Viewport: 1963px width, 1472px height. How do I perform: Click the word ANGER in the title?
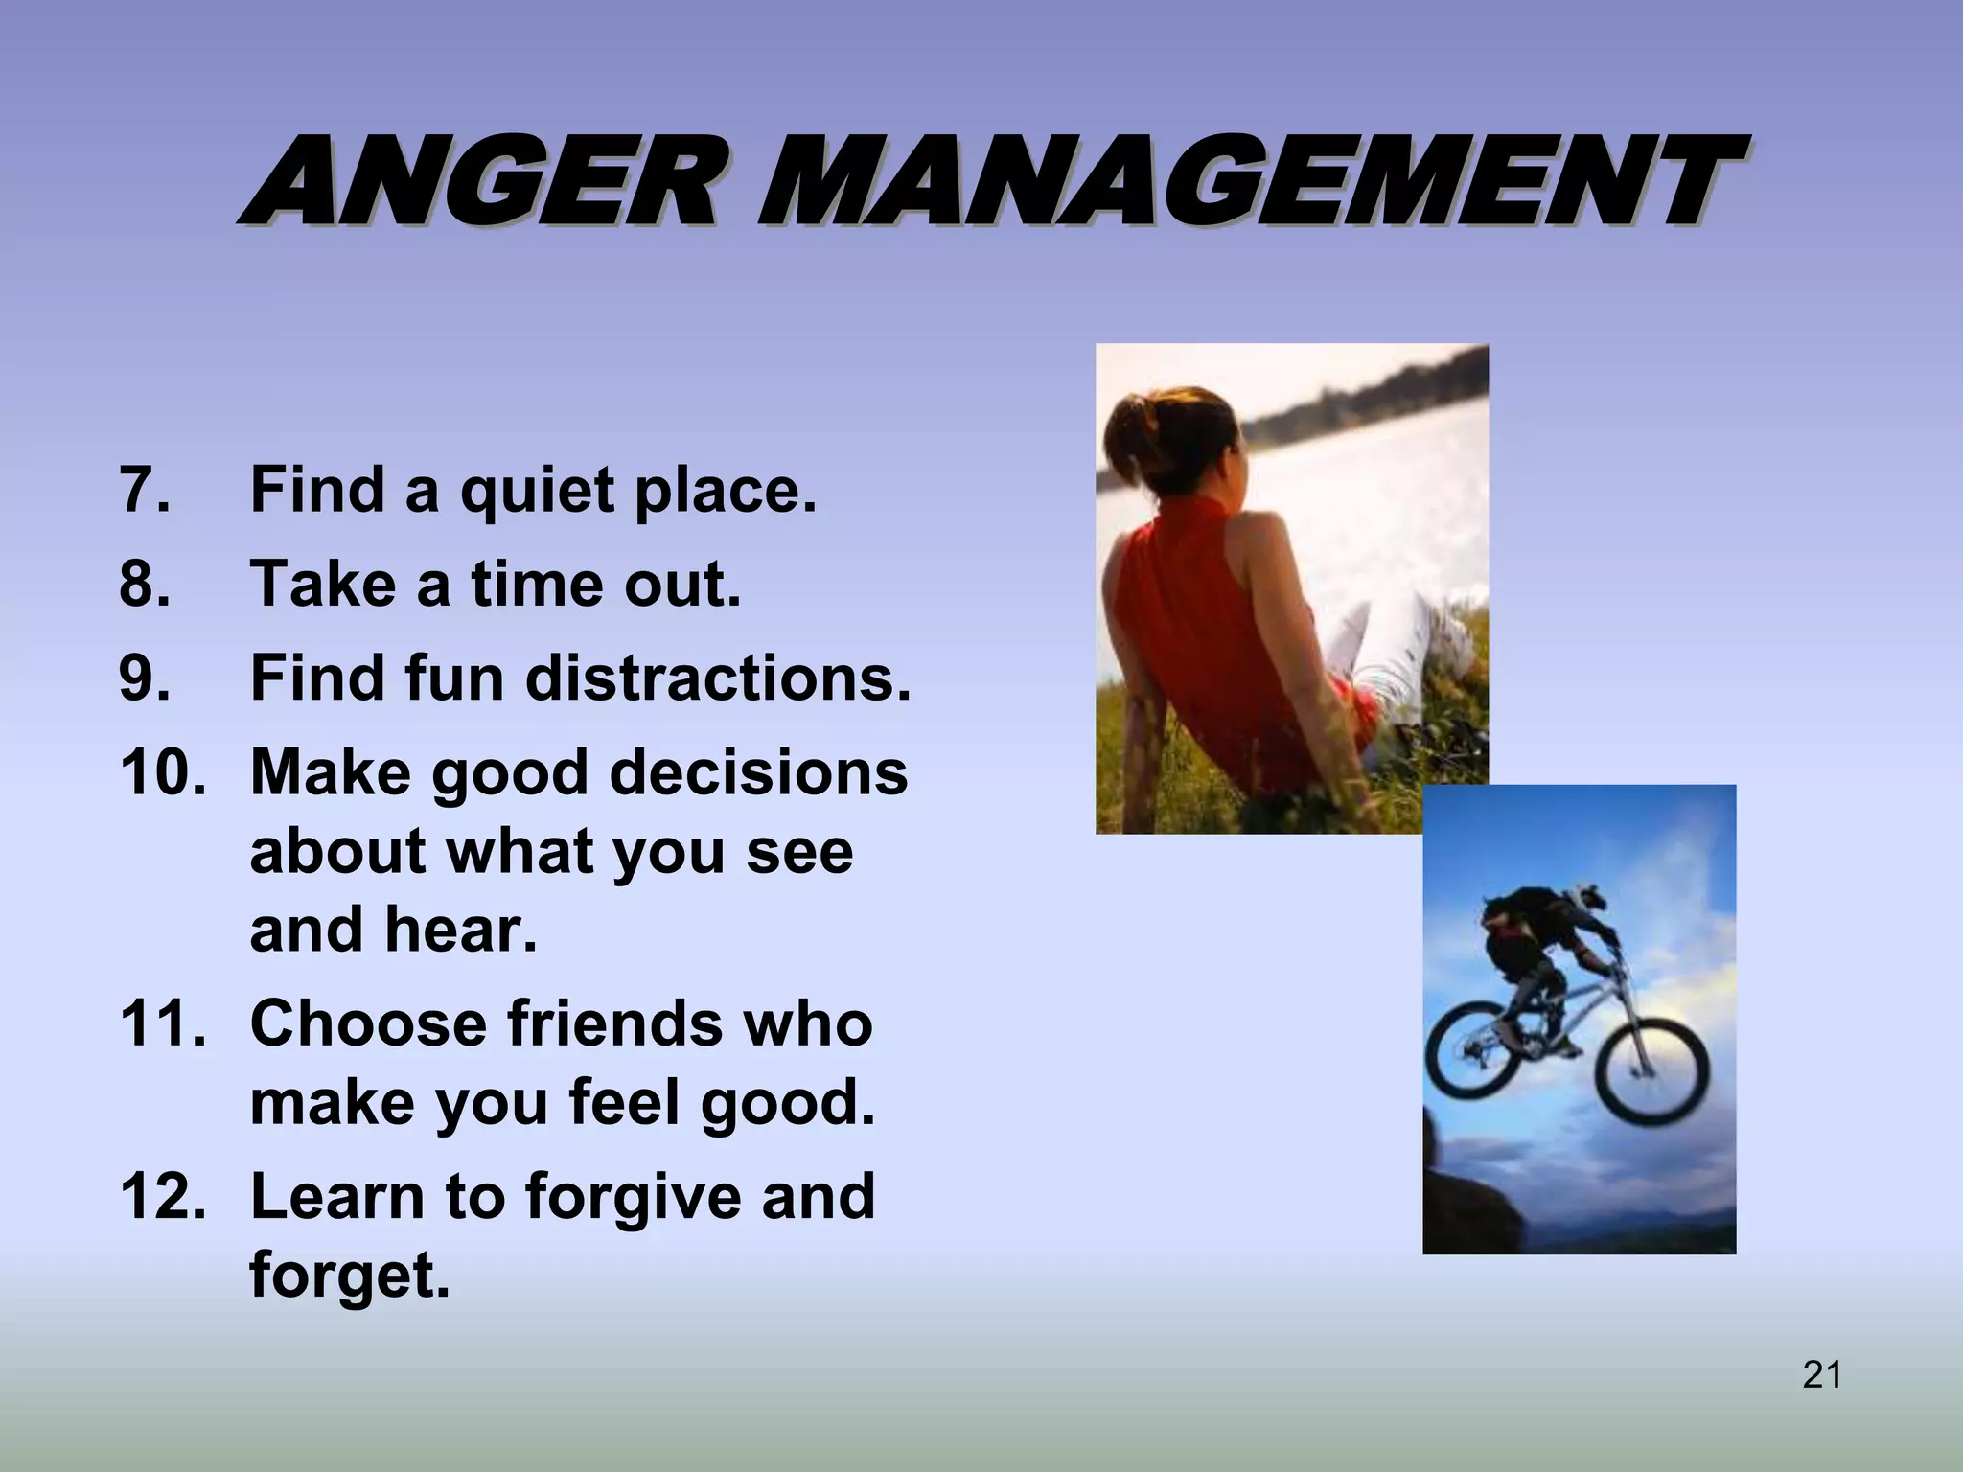pyautogui.click(x=479, y=182)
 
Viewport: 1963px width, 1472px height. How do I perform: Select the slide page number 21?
pyautogui.click(x=1821, y=1374)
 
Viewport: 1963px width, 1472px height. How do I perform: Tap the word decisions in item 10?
pyautogui.click(x=758, y=771)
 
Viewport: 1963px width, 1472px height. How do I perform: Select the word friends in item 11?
pyautogui.click(x=613, y=1023)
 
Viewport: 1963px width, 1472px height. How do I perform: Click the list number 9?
pyautogui.click(x=145, y=678)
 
